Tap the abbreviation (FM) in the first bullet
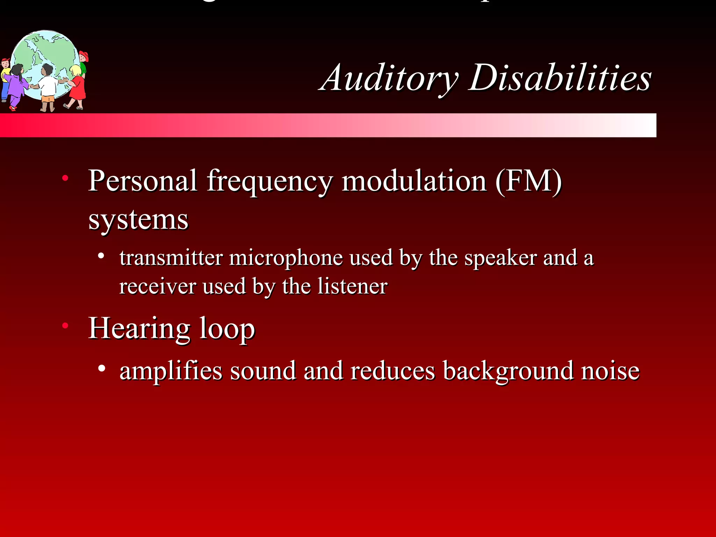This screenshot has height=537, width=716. point(528,181)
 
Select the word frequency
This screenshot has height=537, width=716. point(269,182)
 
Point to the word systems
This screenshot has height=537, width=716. point(138,220)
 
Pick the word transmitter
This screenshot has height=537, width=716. point(171,258)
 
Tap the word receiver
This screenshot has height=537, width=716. point(157,287)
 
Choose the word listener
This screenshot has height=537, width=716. point(352,287)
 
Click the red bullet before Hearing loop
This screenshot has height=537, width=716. point(65,326)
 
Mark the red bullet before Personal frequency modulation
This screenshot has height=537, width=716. point(65,179)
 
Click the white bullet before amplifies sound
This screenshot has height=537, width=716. point(102,368)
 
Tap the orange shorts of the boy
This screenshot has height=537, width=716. point(48,99)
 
